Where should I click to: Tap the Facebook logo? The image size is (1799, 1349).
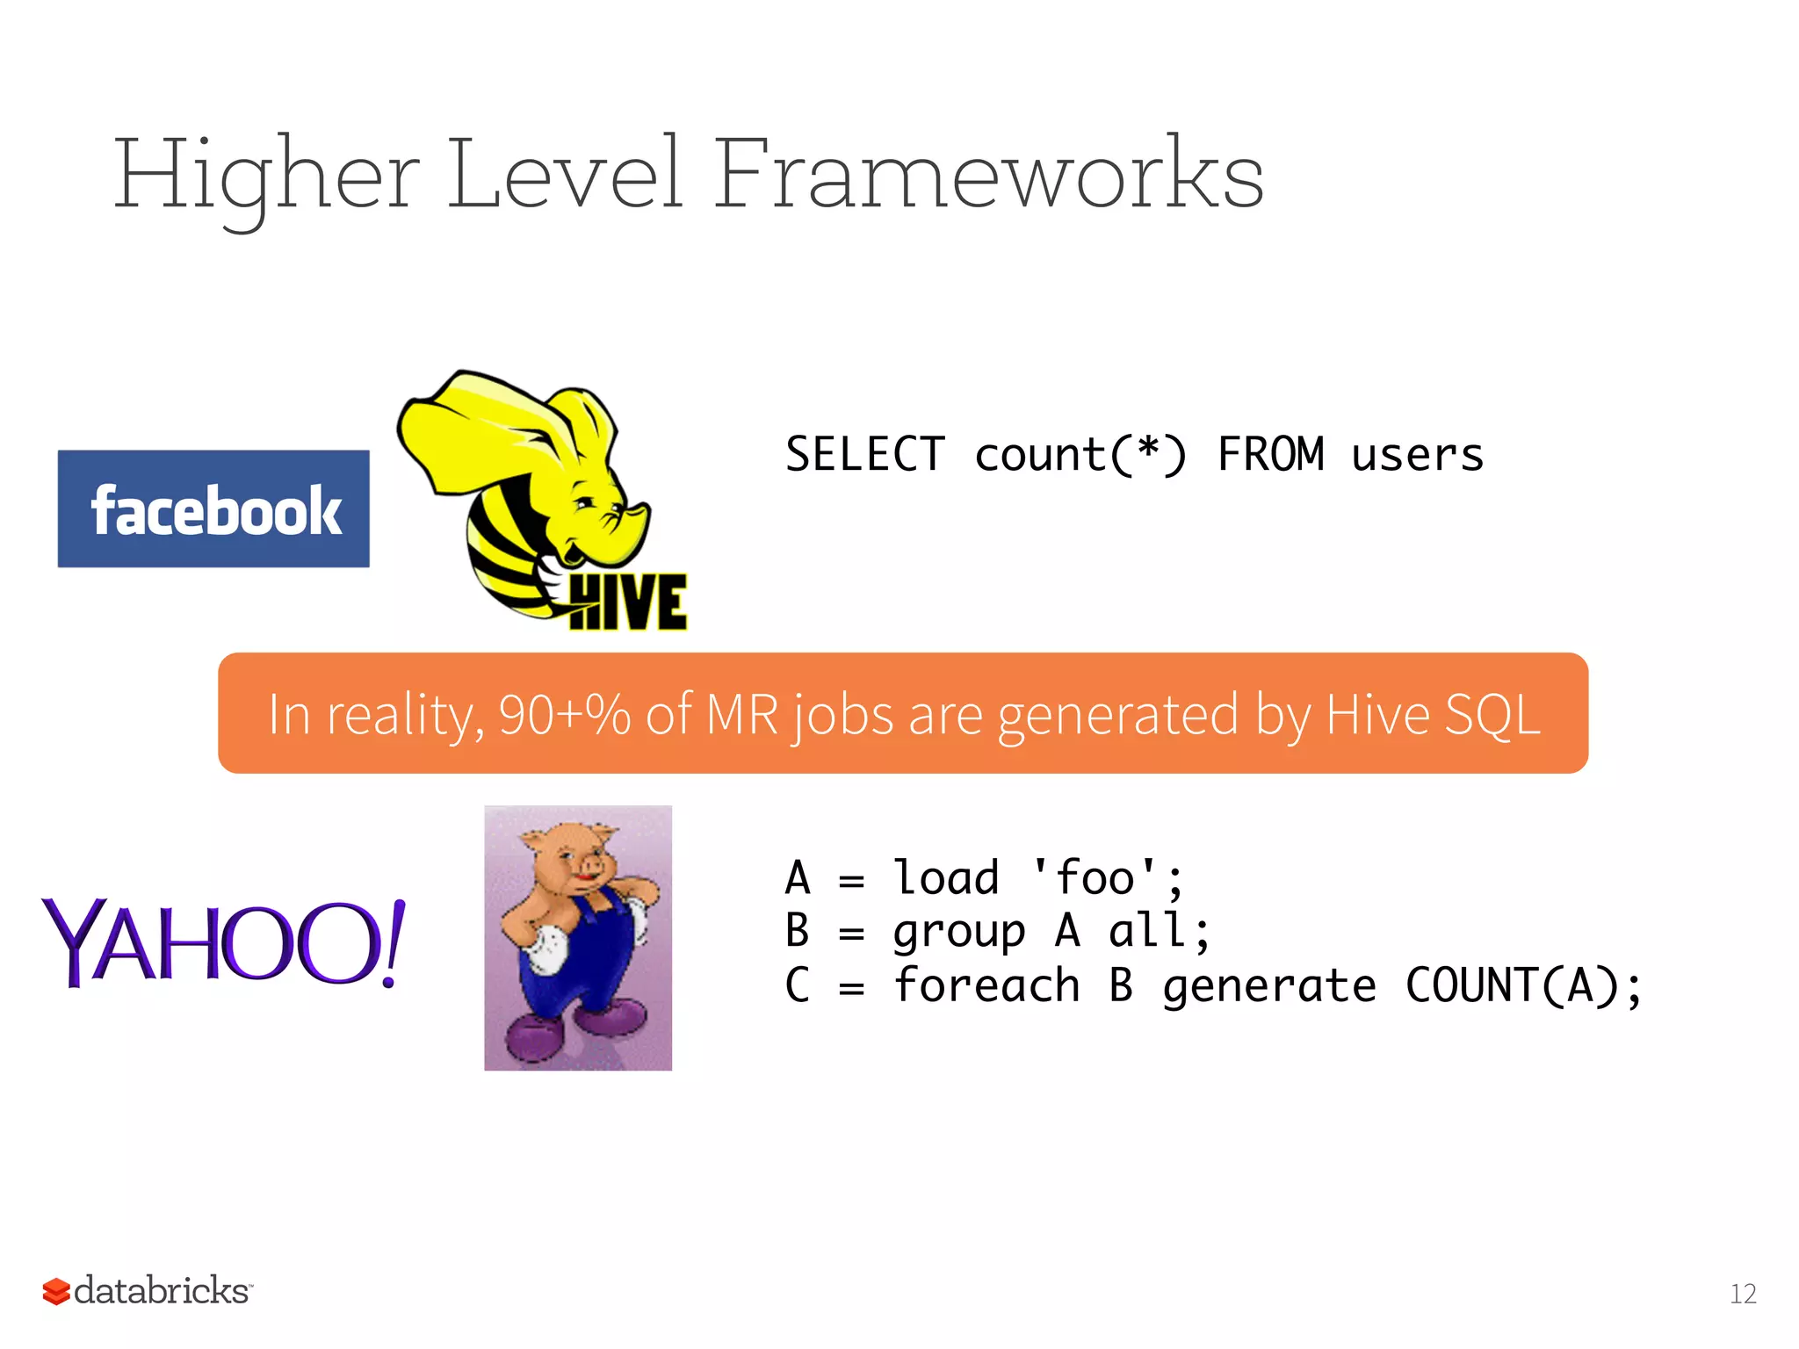[213, 509]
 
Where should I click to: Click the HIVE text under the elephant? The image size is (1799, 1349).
[627, 603]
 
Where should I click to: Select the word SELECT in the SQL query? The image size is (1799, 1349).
[864, 455]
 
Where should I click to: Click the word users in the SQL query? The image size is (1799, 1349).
[1417, 455]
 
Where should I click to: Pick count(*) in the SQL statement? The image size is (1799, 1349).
[1080, 455]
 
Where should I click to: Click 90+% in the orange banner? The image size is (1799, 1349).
[564, 714]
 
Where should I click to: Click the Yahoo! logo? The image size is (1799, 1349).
[223, 942]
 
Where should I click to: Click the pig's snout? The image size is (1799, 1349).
[588, 869]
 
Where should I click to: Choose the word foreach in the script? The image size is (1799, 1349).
[986, 985]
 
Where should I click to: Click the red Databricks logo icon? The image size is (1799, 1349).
[56, 1291]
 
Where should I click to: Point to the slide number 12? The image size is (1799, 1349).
[1743, 1294]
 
